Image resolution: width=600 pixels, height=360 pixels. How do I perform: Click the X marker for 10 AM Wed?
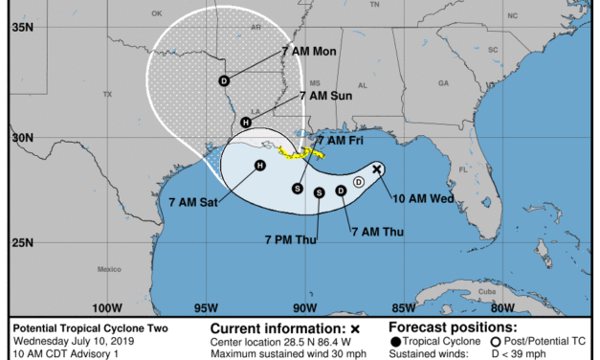pos(377,169)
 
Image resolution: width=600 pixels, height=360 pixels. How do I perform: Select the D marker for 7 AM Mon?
pos(224,81)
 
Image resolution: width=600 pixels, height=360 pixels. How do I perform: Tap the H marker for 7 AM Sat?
pos(259,166)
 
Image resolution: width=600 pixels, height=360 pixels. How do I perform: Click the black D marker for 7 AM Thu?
pos(341,191)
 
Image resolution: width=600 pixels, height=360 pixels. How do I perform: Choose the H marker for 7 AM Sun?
pos(246,123)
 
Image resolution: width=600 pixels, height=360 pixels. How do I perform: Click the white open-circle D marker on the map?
pos(358,181)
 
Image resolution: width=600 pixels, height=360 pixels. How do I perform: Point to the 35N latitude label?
pos(20,28)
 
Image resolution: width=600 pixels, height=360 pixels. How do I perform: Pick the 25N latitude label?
pos(20,242)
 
